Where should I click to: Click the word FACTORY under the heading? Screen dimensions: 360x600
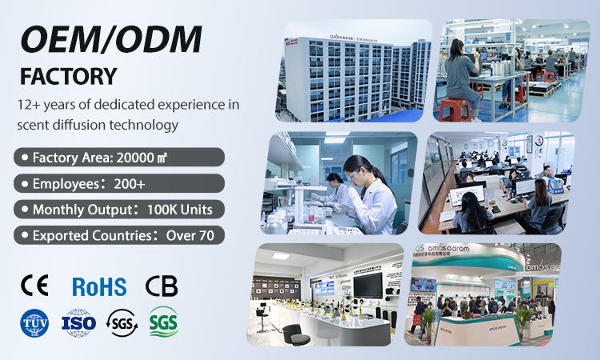pyautogui.click(x=68, y=78)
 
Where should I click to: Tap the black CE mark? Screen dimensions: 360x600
pyautogui.click(x=34, y=286)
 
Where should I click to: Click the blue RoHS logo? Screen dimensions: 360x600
pyautogui.click(x=99, y=286)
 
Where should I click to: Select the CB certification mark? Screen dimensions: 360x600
pyautogui.click(x=162, y=286)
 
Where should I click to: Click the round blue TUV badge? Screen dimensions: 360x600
pyautogui.click(x=34, y=322)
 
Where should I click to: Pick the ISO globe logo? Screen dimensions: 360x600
pyautogui.click(x=78, y=322)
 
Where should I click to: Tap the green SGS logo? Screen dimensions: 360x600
pyautogui.click(x=163, y=322)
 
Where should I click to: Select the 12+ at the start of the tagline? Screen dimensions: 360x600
pyautogui.click(x=30, y=105)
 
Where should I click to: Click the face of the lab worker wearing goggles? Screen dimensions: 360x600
pyautogui.click(x=355, y=170)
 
